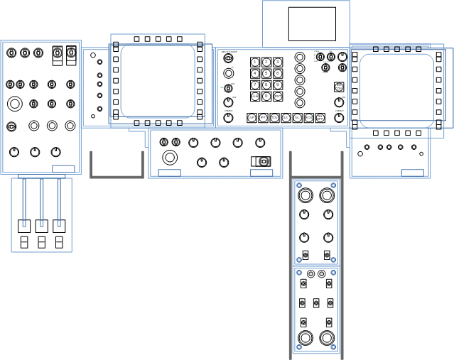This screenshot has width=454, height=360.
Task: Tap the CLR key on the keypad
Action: [x=255, y=96]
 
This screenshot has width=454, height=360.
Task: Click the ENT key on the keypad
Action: [x=278, y=96]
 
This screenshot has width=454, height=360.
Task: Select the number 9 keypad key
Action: [x=278, y=84]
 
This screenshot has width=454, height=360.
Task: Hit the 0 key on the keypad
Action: [x=266, y=96]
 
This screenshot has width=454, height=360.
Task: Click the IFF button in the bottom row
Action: [x=263, y=118]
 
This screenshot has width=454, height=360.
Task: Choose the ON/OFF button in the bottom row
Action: [x=320, y=118]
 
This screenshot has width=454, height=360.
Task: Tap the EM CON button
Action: [x=339, y=87]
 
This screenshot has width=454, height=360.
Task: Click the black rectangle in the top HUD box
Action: [x=312, y=24]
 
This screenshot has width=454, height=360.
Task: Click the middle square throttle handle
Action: [x=41, y=226]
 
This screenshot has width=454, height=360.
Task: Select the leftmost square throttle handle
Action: [x=24, y=226]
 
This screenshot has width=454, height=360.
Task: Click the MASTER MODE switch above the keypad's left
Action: [x=228, y=58]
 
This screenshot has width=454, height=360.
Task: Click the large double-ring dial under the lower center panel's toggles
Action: [x=169, y=157]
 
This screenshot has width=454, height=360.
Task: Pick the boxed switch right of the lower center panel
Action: [x=261, y=161]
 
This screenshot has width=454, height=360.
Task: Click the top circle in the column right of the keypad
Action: [x=300, y=57]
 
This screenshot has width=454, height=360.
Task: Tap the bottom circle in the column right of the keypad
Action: [x=300, y=102]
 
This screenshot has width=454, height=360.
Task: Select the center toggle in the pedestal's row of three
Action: [x=316, y=303]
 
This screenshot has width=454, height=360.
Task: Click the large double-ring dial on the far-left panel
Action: [x=15, y=104]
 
